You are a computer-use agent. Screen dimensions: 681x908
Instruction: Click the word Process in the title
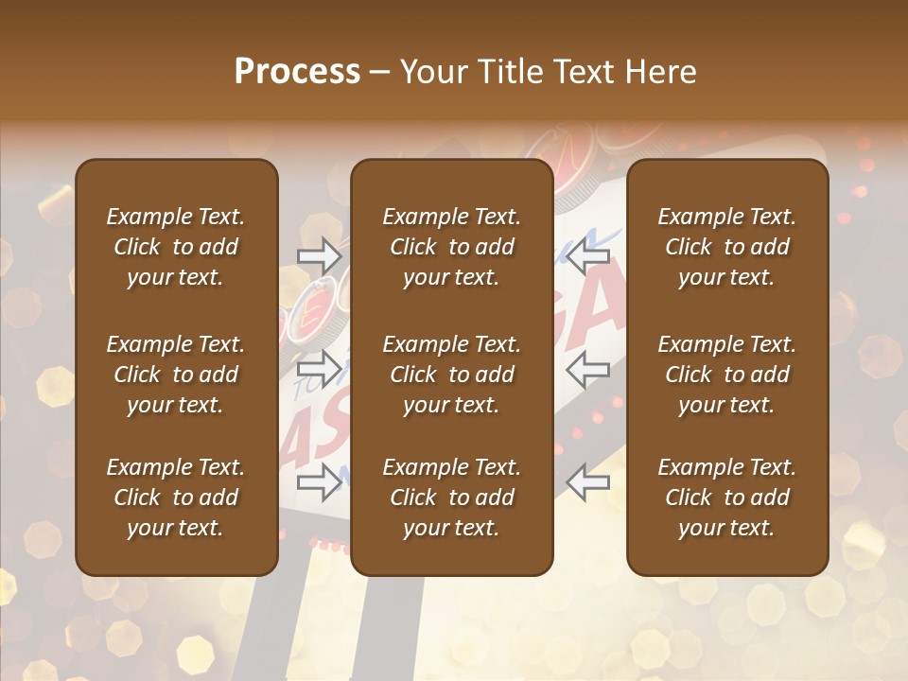point(297,71)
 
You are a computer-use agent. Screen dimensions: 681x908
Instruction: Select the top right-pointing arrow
point(320,255)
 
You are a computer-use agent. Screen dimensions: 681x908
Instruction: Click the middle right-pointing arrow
point(320,368)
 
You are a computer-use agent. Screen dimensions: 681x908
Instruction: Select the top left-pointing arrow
point(588,255)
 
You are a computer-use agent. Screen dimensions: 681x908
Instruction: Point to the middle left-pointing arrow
point(588,368)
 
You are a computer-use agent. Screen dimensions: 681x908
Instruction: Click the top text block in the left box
point(176,247)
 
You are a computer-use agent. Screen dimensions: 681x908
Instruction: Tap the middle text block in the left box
point(176,375)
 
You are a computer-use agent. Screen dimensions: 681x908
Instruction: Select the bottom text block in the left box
point(176,498)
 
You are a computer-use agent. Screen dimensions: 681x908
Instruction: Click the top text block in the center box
point(451,247)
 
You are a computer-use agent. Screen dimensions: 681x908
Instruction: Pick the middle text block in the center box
point(451,375)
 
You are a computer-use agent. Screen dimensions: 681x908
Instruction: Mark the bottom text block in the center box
point(451,498)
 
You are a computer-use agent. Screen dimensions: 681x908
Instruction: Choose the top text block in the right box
point(726,247)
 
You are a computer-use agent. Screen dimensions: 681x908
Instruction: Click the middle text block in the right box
point(726,375)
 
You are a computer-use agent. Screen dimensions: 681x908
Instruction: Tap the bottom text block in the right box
point(726,498)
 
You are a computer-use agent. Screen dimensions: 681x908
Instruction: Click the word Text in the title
point(582,71)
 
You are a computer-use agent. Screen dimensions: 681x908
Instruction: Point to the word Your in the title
point(430,71)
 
